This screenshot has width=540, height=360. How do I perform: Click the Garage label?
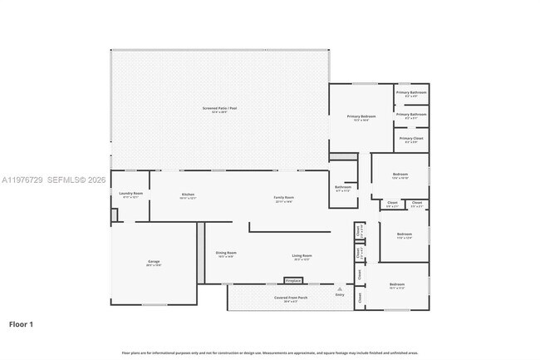[x=154, y=262]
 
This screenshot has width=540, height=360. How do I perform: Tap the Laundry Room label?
[x=131, y=195]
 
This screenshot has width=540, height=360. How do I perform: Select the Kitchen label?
[x=188, y=195]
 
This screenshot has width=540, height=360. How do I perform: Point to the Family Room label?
[x=284, y=198]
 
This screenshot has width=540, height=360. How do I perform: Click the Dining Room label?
[x=226, y=254]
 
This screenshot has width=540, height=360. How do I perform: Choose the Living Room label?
[x=302, y=256]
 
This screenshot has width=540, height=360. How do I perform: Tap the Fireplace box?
[x=293, y=280]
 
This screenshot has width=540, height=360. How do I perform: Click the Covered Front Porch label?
[x=292, y=298]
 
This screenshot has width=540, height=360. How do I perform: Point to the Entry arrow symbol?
[x=339, y=288]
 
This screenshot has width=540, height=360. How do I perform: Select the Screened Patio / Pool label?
[x=219, y=109]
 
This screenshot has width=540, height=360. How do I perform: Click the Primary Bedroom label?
[x=361, y=117]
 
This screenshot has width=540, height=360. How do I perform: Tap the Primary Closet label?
[x=411, y=139]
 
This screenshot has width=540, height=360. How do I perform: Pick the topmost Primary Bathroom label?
[x=411, y=92]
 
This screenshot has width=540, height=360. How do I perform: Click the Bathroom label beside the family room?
[x=343, y=188]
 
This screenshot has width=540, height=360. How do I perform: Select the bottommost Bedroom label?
[x=397, y=285]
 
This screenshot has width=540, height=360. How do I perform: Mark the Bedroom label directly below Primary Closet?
[x=400, y=175]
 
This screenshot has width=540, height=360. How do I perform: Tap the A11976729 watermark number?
[x=21, y=180]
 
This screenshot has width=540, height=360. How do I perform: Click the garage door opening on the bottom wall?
[x=155, y=304]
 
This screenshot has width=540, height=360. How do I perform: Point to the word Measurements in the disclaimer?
[x=315, y=353]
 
